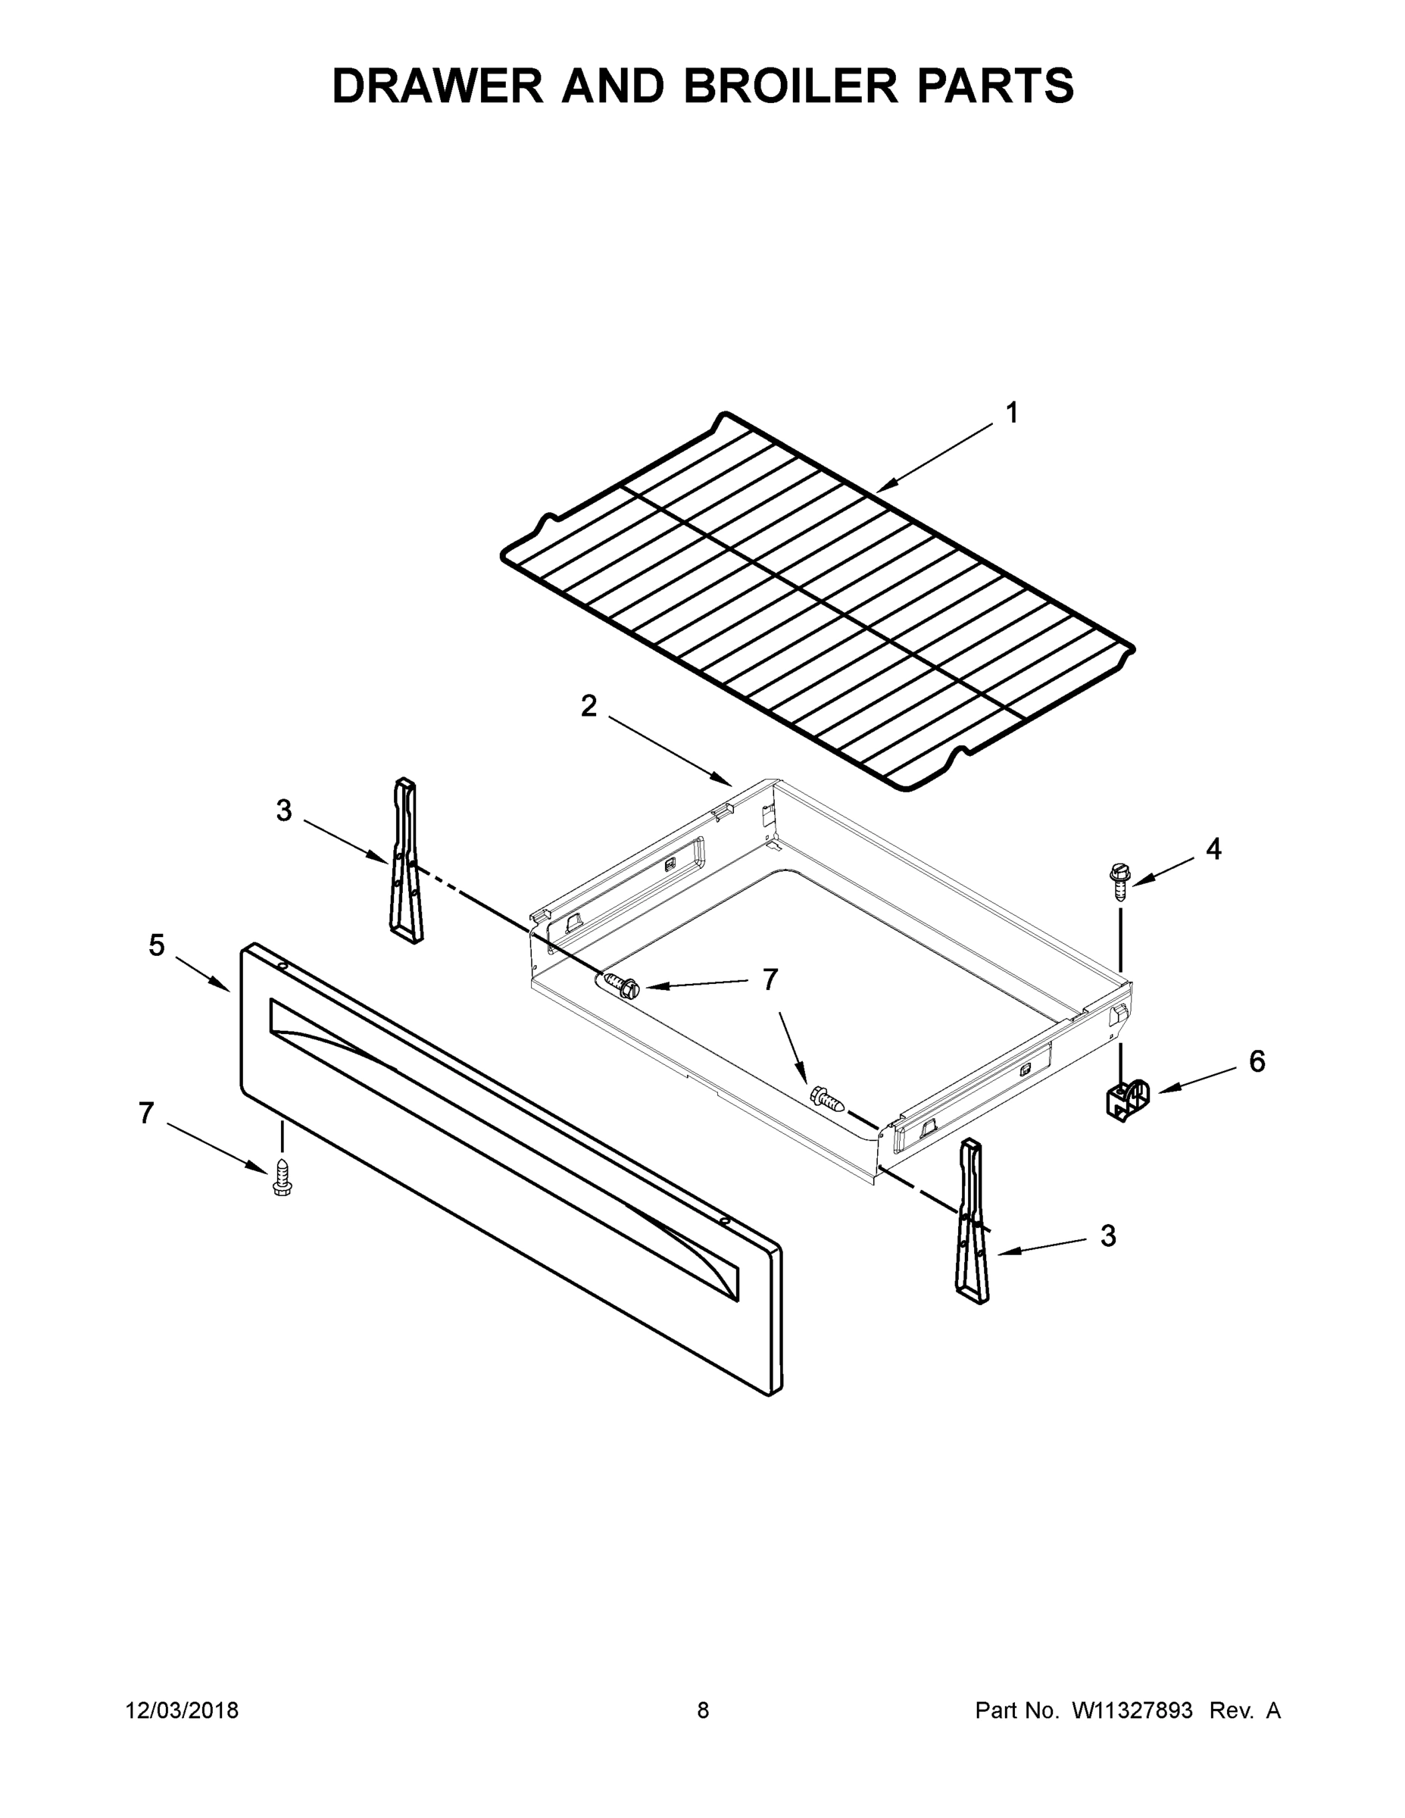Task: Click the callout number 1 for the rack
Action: pos(1011,413)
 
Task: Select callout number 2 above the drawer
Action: pos(589,707)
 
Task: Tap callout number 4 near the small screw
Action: pos(1213,849)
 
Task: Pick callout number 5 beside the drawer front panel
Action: pos(157,945)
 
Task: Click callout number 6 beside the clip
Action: pos(1257,1061)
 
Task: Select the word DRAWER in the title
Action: pos(438,86)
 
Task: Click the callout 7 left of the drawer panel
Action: pos(146,1113)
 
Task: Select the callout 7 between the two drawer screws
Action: pos(770,979)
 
